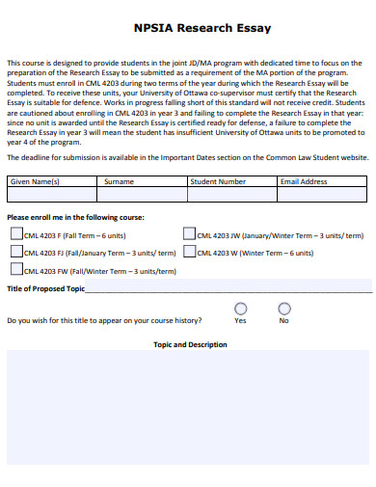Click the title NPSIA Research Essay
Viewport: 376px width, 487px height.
[189, 30]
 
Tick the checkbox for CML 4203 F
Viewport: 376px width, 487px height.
[16, 233]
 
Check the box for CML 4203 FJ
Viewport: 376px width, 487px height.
[16, 252]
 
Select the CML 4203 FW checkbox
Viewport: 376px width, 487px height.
[16, 271]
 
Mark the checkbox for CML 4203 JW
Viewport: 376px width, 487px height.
[189, 233]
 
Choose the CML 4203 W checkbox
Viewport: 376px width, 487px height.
[189, 252]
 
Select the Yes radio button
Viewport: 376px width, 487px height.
[240, 309]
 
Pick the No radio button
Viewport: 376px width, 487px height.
[284, 309]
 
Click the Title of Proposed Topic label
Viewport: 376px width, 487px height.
[45, 289]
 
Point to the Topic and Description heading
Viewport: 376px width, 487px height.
[190, 344]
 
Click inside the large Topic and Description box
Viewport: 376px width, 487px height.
[188, 405]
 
